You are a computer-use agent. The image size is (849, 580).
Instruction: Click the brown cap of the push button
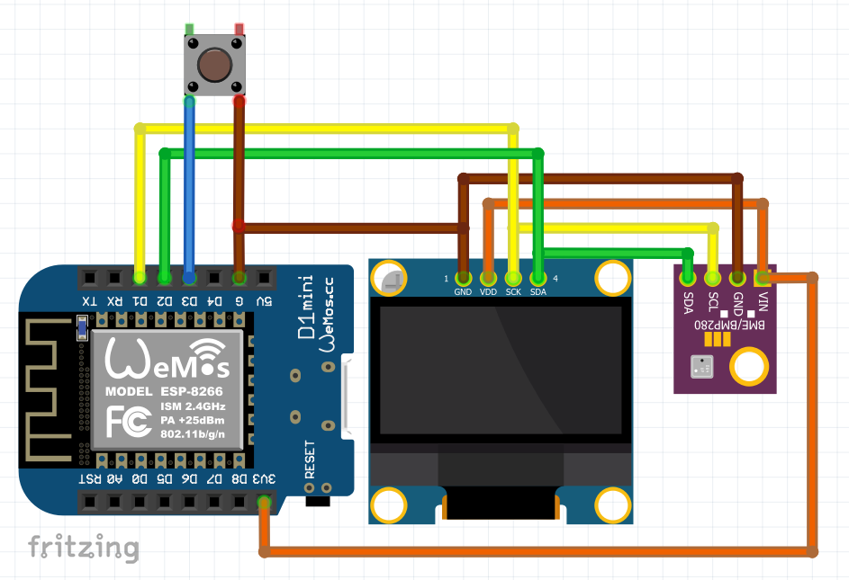point(214,66)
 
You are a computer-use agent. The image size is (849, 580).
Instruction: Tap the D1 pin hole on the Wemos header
point(140,277)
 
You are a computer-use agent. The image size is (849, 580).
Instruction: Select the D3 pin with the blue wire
point(189,277)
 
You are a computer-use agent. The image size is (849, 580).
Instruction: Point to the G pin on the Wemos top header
point(239,277)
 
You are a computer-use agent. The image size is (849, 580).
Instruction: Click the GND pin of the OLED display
point(464,278)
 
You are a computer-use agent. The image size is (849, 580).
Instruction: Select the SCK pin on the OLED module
point(513,278)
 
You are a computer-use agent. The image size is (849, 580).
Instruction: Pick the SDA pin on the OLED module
point(538,278)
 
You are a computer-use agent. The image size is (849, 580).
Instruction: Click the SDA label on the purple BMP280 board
point(689,303)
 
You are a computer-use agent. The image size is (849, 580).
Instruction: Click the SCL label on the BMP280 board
point(713,303)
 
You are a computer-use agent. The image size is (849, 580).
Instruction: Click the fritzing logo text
point(83,547)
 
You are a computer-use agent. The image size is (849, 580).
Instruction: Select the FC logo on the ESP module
point(126,420)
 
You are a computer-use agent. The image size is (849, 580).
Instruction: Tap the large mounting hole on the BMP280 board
point(748,366)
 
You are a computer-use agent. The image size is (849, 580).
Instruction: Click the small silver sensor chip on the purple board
point(700,366)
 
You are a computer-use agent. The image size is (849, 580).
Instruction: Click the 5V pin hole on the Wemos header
point(264,277)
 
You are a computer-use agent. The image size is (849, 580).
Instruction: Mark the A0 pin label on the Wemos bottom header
point(114,479)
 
